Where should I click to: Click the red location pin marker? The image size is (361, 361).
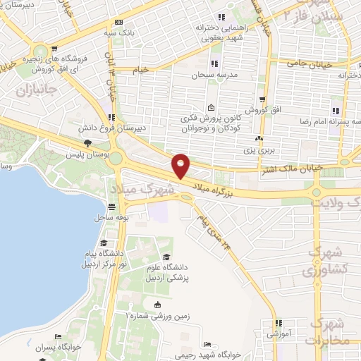pyautogui.click(x=181, y=165)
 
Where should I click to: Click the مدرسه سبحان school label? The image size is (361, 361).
pyautogui.click(x=210, y=75)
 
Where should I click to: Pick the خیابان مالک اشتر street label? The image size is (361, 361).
pyautogui.click(x=317, y=167)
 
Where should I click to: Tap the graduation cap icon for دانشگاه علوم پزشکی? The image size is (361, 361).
pyautogui.click(x=166, y=257)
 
